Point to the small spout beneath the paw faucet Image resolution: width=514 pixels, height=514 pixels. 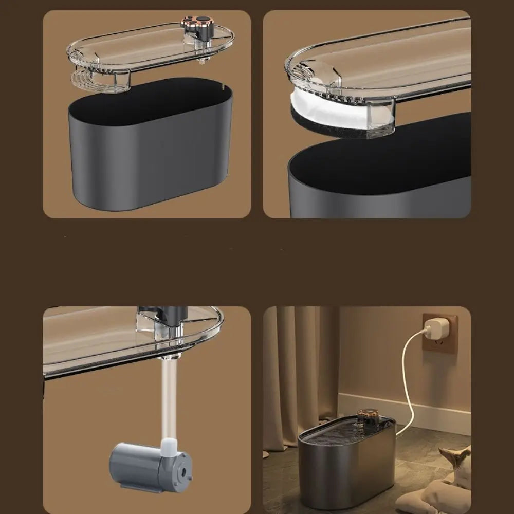point(203,59)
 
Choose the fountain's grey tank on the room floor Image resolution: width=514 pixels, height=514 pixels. point(347,473)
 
